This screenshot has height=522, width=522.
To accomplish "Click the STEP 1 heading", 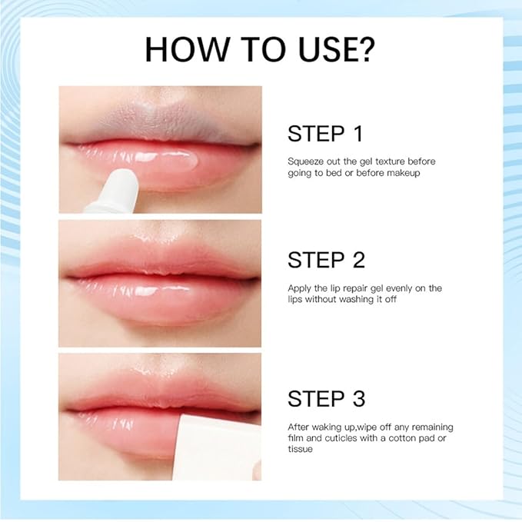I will (325, 134).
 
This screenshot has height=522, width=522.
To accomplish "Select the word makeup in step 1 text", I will (403, 173).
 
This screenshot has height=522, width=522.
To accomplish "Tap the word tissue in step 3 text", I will (301, 449).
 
